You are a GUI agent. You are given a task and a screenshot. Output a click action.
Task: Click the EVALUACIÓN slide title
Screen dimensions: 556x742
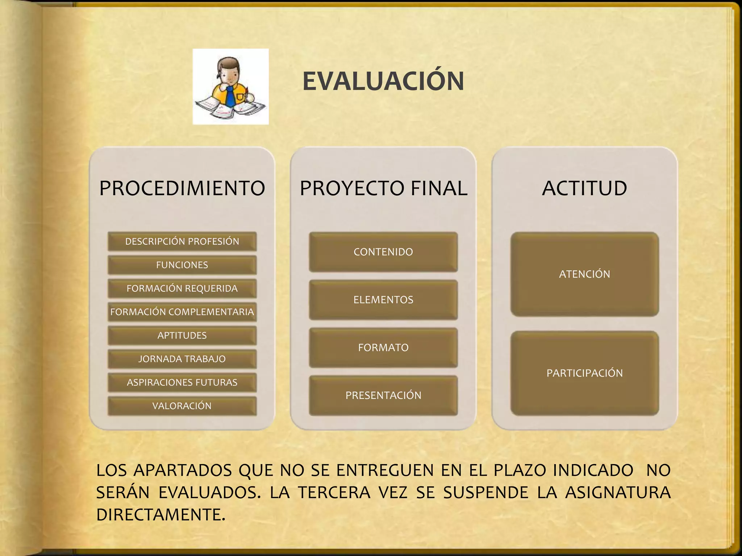[x=383, y=81]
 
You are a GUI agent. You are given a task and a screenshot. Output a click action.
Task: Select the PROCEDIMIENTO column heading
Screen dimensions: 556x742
[x=182, y=188]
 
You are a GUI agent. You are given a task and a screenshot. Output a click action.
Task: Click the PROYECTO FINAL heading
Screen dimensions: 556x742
[x=383, y=188]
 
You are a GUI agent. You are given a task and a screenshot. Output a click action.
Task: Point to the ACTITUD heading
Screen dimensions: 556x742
[x=584, y=188]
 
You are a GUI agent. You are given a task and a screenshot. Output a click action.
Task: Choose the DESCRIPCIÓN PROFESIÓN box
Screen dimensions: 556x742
[x=182, y=241]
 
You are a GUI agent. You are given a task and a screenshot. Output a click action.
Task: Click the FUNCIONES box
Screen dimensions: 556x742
[x=182, y=265]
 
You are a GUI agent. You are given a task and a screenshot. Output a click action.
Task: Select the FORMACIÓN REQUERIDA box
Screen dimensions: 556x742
[x=182, y=288]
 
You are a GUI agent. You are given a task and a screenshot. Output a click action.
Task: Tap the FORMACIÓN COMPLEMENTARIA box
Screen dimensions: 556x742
[x=182, y=312]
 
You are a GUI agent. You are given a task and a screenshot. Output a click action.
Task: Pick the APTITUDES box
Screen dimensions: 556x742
[x=182, y=336]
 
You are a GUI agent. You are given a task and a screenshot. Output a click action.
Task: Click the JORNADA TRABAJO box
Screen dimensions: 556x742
[x=182, y=359]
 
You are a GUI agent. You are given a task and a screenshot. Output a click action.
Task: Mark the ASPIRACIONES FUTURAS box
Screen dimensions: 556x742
[x=182, y=383]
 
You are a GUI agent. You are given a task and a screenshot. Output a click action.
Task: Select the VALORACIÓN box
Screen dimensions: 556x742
[x=182, y=406]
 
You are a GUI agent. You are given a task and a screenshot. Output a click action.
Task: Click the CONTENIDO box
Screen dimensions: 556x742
[x=383, y=252]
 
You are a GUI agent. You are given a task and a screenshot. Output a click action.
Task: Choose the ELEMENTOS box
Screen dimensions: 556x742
[x=383, y=300]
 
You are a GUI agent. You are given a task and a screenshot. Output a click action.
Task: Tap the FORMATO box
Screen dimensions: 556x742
[x=383, y=347]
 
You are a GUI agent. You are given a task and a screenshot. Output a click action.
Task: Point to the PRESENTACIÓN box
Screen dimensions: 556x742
[x=383, y=395]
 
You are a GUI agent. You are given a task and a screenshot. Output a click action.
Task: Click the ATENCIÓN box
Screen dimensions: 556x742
[x=584, y=274]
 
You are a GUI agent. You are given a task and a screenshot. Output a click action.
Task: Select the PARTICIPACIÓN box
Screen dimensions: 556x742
[x=584, y=373]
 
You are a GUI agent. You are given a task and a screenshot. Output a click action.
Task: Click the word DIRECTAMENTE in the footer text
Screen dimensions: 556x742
[x=161, y=515]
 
